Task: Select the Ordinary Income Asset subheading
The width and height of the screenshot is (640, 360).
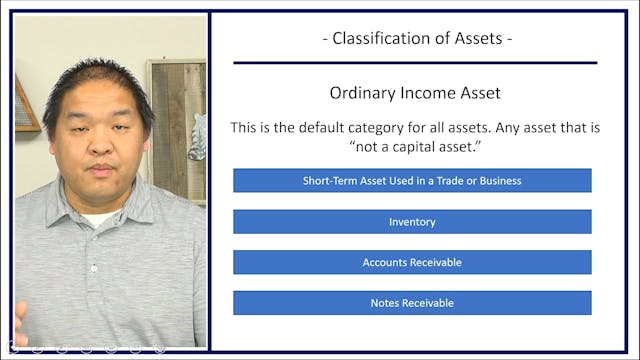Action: click(415, 93)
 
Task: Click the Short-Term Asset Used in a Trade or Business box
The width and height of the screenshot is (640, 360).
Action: click(412, 181)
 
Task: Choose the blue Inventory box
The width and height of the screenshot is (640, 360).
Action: click(412, 222)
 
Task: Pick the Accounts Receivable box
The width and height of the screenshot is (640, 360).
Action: click(412, 262)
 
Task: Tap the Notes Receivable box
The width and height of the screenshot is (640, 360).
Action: click(412, 303)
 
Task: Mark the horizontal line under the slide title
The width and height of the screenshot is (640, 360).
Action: click(415, 62)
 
